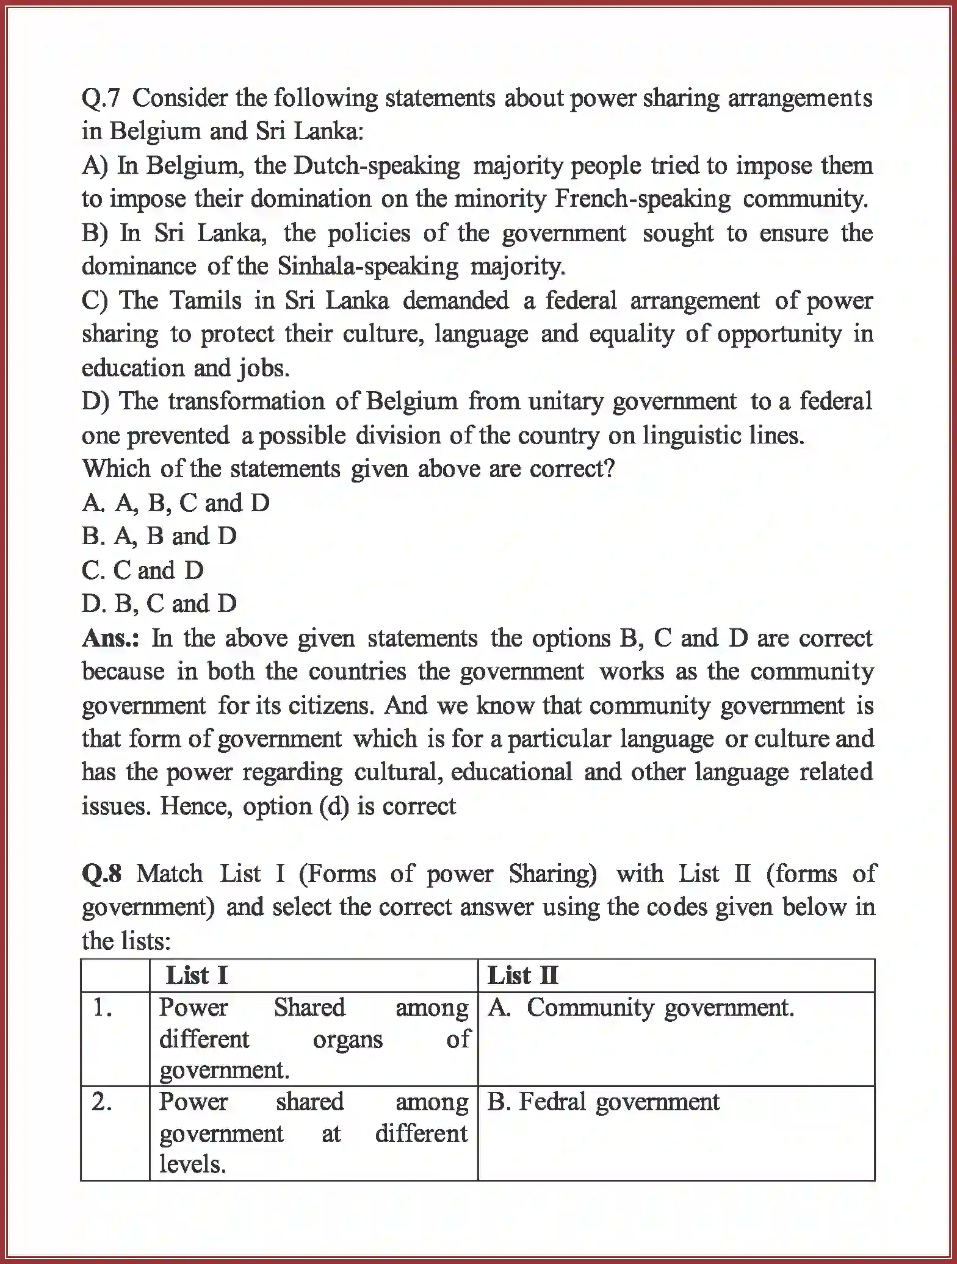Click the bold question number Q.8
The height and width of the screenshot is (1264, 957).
(102, 874)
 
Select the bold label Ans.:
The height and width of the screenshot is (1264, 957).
(110, 638)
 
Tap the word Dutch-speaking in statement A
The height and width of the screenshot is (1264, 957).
(377, 166)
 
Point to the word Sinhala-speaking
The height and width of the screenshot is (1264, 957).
(367, 267)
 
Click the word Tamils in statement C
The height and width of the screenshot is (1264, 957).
(204, 301)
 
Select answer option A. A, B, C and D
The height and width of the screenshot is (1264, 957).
(176, 503)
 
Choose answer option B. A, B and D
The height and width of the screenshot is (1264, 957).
(159, 537)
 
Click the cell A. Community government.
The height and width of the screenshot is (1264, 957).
(641, 1008)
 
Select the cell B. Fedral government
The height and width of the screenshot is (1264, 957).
(604, 1102)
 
